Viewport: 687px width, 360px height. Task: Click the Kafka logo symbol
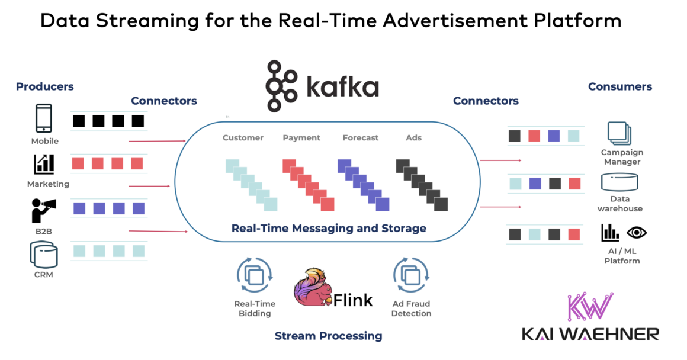pos(281,86)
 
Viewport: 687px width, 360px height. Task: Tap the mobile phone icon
pos(44,118)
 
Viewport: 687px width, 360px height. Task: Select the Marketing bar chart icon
pos(44,164)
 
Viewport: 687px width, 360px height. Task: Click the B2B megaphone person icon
pos(44,210)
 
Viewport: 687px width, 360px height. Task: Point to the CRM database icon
pos(44,255)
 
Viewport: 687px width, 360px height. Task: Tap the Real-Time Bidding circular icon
pos(254,274)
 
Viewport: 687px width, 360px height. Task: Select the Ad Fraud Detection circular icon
pos(410,274)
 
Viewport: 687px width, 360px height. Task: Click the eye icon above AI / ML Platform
pos(636,232)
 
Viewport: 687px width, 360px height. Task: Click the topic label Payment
pos(301,138)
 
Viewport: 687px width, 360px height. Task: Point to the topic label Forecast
pos(360,138)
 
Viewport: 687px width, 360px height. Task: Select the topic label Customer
pos(243,138)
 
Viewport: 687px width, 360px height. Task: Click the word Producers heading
pos(45,86)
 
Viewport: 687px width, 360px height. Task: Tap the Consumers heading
pos(619,86)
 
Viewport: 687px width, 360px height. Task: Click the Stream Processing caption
pos(328,336)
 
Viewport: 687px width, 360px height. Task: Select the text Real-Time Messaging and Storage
pos(329,228)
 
